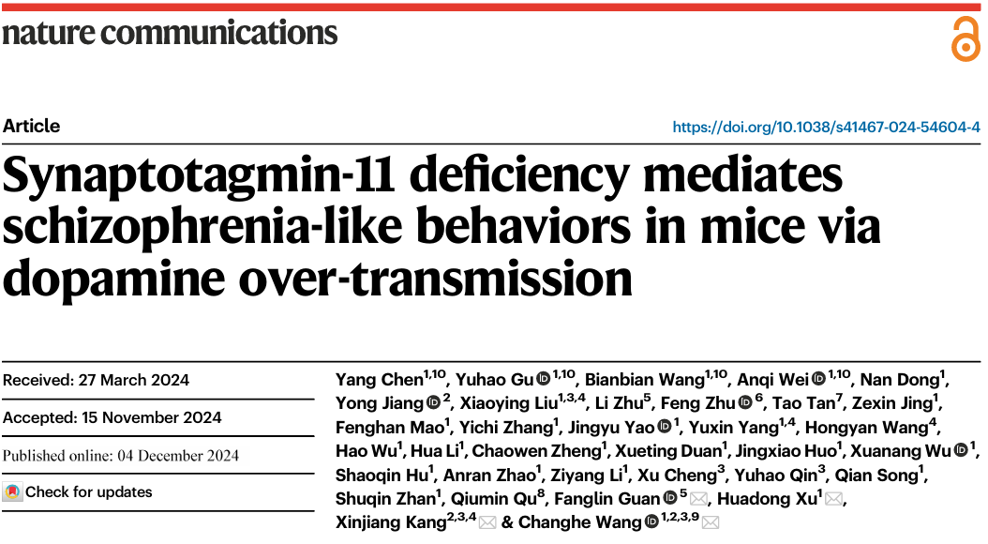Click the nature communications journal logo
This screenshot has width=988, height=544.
170,33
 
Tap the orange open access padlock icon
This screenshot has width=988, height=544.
965,40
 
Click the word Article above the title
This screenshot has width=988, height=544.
31,127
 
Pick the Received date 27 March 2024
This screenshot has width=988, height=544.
96,380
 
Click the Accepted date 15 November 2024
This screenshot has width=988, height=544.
112,417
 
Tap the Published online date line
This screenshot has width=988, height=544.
121,456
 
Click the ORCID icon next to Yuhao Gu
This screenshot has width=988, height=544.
543,380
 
